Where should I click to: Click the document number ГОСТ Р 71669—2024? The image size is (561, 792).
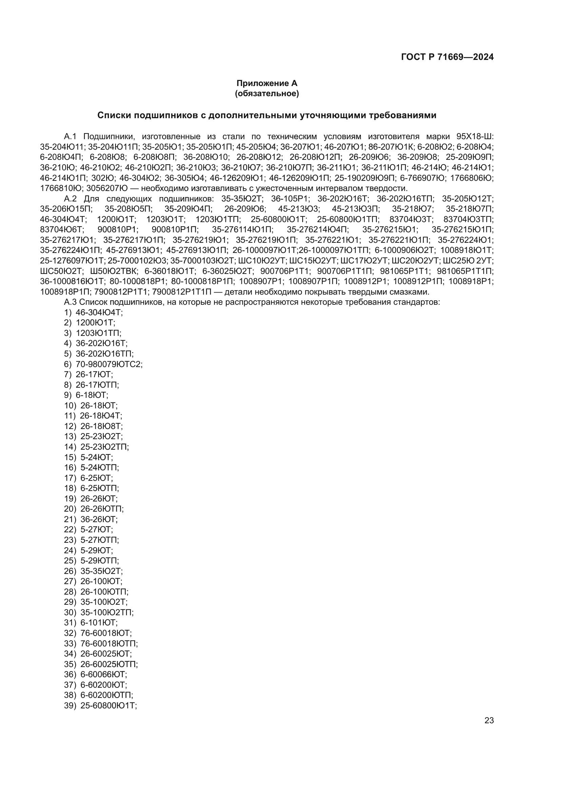coord(447,57)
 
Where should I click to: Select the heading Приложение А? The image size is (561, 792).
coord(267,83)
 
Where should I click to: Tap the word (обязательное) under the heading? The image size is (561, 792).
coord(267,93)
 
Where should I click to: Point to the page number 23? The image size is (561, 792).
coord(489,721)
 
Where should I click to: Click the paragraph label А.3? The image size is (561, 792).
coord(70,302)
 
